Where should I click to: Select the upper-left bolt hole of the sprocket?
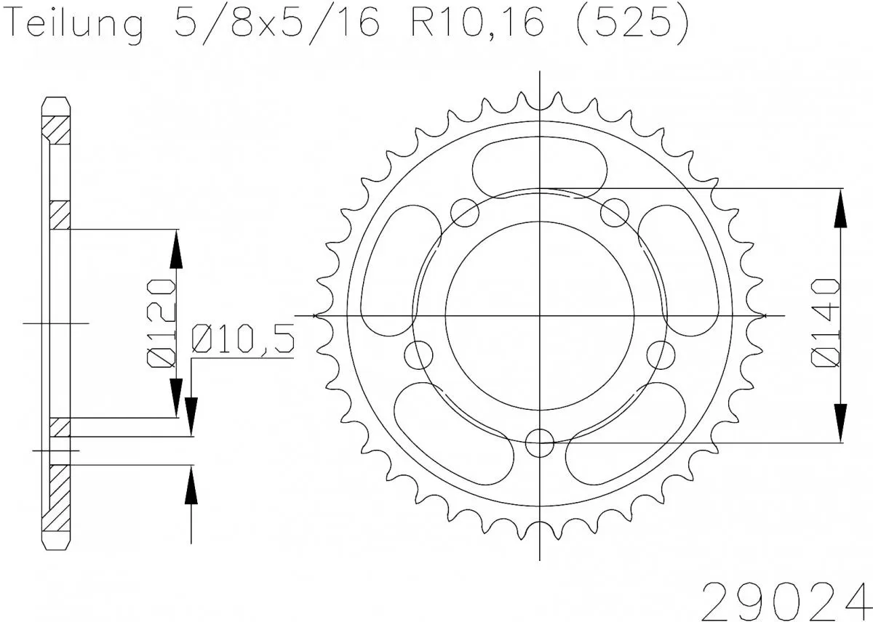click(x=465, y=213)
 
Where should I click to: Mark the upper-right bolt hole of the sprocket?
click(x=615, y=213)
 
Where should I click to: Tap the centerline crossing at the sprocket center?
click(x=539, y=315)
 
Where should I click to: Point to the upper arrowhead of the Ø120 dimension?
click(x=175, y=251)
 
